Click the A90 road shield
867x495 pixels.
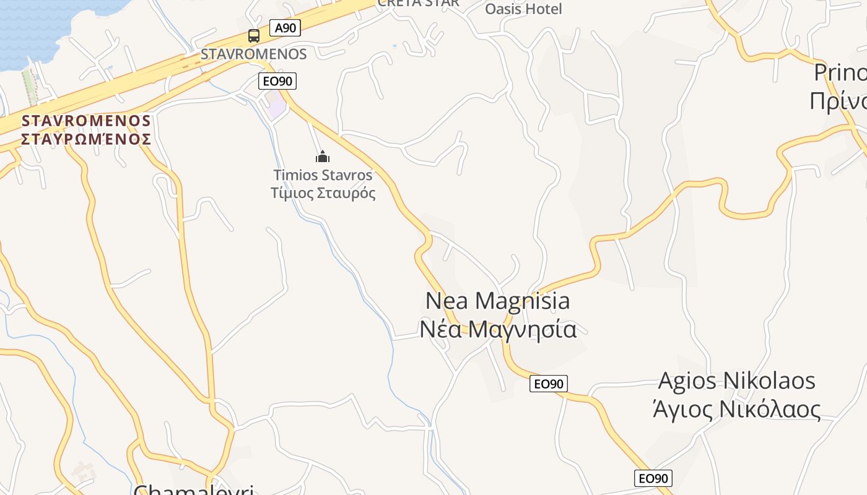(x=285, y=27)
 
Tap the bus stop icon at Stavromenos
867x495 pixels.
(x=254, y=36)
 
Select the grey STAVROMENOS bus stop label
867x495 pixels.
(x=254, y=54)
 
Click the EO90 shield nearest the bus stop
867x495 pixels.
(x=277, y=81)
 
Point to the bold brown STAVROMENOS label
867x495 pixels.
(x=86, y=120)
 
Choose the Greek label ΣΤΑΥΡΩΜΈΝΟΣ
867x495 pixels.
(x=86, y=139)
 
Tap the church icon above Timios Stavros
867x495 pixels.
(x=323, y=157)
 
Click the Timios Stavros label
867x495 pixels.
(x=323, y=175)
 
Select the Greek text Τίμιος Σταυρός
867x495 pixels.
(x=323, y=193)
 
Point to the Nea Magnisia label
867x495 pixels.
(x=498, y=301)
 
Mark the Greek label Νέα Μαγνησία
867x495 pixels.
(x=498, y=329)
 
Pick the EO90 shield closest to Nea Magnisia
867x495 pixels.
(x=549, y=384)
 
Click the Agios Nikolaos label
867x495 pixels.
(x=736, y=381)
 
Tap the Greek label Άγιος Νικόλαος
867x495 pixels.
(x=736, y=409)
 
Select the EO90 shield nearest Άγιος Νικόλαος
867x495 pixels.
(x=653, y=478)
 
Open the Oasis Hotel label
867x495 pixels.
(x=523, y=9)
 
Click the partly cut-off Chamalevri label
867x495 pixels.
(x=194, y=489)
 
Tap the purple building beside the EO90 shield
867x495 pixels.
(x=277, y=106)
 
